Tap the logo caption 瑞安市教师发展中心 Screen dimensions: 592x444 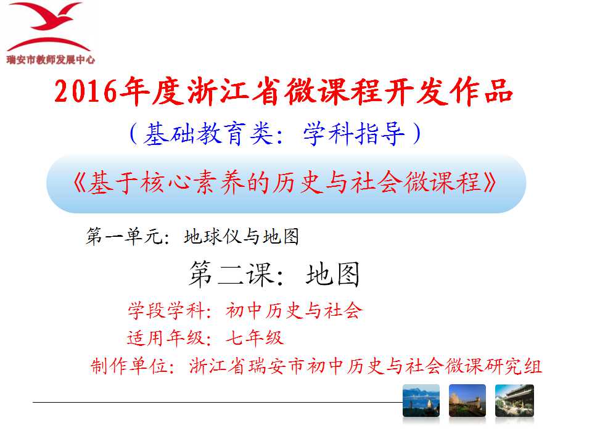point(51,60)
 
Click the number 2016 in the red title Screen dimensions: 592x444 point(86,92)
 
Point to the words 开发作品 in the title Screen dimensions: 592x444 point(448,91)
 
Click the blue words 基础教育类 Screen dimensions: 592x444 point(208,134)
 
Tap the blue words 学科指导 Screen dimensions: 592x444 point(354,134)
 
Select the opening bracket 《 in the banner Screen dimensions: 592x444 point(80,183)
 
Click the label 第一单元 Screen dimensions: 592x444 point(123,237)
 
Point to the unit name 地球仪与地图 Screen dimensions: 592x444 point(242,237)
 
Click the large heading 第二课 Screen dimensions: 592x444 point(231,274)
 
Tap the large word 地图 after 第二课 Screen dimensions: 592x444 point(332,274)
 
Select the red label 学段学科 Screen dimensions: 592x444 point(166,311)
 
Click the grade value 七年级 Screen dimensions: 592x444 point(255,337)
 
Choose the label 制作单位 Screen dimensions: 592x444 point(129,366)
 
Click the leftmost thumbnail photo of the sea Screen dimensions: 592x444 point(421,401)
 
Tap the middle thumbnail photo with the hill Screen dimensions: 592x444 point(467,401)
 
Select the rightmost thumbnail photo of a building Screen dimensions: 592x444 point(514,401)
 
